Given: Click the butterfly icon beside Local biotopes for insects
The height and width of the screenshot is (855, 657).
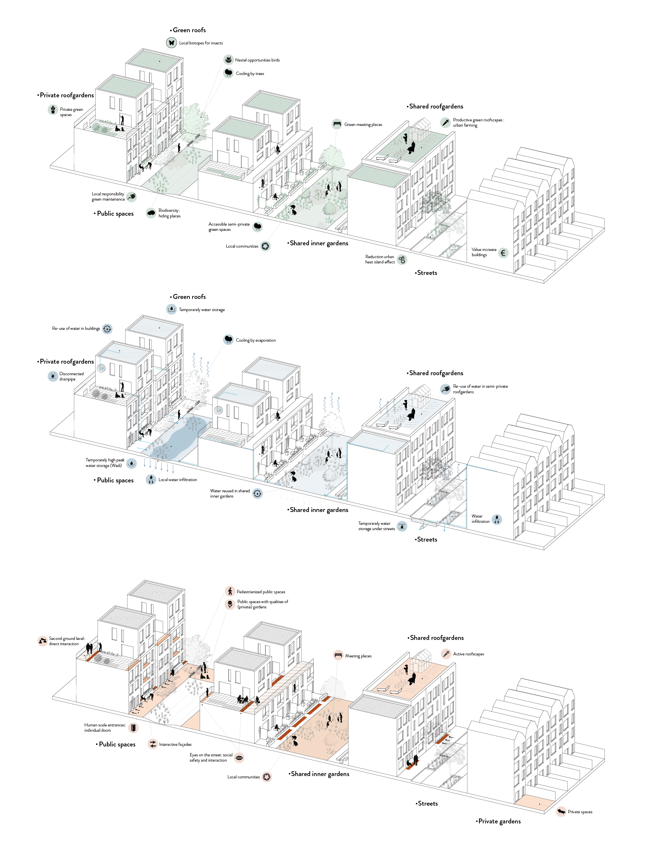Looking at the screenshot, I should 171,43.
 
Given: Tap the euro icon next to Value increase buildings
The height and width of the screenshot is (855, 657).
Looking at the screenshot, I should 503,253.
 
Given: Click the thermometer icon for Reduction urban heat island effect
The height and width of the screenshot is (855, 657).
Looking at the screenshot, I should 402,259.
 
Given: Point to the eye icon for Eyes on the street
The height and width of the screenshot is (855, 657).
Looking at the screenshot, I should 239,758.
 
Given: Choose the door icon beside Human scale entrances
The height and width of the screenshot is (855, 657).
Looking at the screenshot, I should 133,728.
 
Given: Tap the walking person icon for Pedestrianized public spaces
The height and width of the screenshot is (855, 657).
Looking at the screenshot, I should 230,592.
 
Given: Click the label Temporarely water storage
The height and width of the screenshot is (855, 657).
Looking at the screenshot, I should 201,310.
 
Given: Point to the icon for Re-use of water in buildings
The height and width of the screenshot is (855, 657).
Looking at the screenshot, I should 107,329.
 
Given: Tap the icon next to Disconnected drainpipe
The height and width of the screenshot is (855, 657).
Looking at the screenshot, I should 53,376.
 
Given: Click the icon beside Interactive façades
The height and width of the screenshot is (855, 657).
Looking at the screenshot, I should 152,744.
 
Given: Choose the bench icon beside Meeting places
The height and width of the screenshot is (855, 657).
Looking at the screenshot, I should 338,655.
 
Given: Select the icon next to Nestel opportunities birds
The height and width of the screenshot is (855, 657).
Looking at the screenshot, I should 228,60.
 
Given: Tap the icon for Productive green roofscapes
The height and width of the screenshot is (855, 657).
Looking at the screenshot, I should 445,123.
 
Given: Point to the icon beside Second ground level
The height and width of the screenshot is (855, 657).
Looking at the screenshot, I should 43,641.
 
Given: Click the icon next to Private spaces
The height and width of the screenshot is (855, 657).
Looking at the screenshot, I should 561,812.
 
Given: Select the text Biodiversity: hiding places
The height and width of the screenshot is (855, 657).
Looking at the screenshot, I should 169,213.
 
